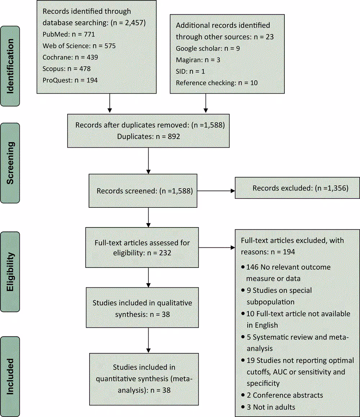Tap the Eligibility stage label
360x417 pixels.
[x=10, y=272]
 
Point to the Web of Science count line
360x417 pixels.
[x=79, y=46]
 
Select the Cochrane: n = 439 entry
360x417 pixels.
[x=70, y=57]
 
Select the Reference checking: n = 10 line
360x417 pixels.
[x=217, y=83]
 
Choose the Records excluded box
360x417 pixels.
[x=297, y=188]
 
